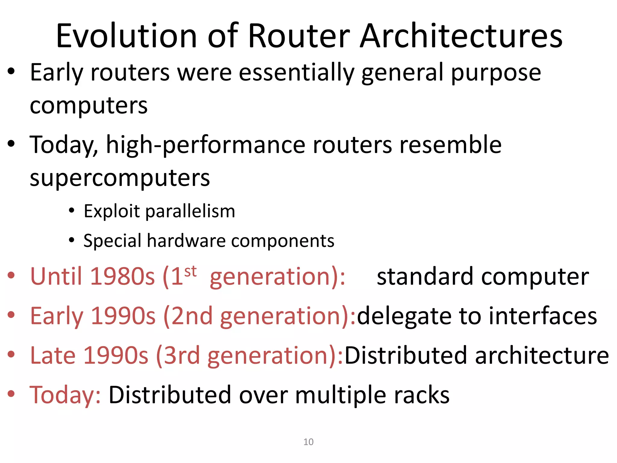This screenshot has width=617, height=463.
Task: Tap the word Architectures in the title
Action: tap(461, 36)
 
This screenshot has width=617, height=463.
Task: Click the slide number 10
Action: tap(308, 442)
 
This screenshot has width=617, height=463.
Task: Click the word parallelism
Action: tap(190, 211)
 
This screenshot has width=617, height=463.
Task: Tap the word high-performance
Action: tap(206, 145)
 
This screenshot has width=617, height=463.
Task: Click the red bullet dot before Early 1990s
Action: tap(11, 315)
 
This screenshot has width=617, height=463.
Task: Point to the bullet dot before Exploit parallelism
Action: tap(71, 211)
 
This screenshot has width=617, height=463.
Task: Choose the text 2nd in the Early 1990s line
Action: tap(192, 316)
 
